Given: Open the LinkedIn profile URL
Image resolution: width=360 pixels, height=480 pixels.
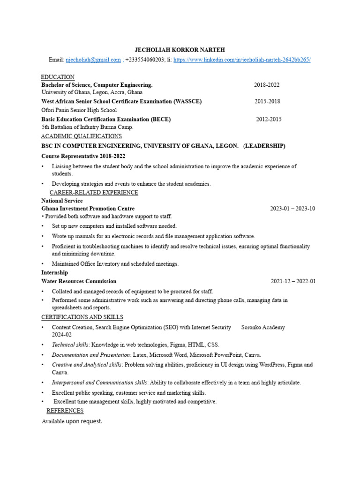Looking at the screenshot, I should point(241,60).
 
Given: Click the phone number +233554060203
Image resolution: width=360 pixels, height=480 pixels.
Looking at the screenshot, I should point(145,60).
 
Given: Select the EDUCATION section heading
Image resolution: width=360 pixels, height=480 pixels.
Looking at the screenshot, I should point(58,77).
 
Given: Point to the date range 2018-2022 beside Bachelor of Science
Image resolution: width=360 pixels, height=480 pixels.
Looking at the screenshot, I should point(267,85).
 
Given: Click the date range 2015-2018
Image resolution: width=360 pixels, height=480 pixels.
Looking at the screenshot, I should point(268,101).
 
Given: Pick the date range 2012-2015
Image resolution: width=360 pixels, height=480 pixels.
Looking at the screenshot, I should point(269,119).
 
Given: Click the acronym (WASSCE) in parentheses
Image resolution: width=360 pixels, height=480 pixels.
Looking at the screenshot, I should point(187,101).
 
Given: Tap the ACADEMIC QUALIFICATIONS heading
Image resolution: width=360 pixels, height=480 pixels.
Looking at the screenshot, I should point(81,136).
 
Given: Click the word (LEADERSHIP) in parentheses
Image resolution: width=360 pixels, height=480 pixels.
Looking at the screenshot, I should point(264,146).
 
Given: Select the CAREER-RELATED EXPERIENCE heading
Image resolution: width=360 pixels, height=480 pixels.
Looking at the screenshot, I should point(94,192).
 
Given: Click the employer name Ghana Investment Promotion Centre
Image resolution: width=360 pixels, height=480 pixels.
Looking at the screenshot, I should point(88,209).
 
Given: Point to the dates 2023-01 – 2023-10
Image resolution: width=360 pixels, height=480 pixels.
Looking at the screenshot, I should point(292,209).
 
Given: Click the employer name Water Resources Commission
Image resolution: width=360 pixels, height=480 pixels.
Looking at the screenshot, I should point(79,281).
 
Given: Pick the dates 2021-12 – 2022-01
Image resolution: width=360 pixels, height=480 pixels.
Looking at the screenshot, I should point(293,281).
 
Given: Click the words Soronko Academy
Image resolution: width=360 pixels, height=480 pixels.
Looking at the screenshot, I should point(263,327).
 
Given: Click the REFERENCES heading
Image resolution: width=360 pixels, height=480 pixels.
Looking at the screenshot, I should point(65,411).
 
